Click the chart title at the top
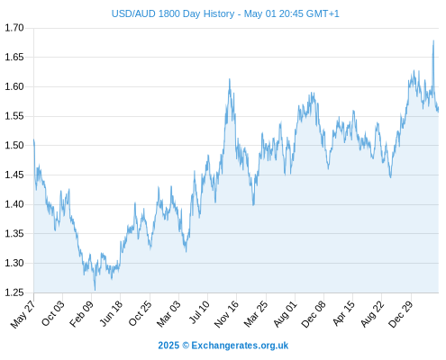[x=225, y=13]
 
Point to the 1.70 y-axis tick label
[x=14, y=28]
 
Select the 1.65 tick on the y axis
[x=14, y=57]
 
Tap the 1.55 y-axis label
[x=14, y=116]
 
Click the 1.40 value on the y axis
[x=14, y=204]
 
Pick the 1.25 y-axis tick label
[x=14, y=292]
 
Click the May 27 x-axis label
[x=23, y=314]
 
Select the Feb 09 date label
[x=81, y=314]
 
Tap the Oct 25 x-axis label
[x=140, y=314]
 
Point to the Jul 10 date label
[x=198, y=312]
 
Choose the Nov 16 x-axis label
[x=226, y=314]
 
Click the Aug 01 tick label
[x=285, y=314]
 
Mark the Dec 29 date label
[x=401, y=314]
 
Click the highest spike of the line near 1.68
[x=433, y=40]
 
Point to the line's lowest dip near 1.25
[x=95, y=290]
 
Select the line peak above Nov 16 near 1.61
[x=230, y=79]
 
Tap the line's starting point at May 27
[x=34, y=139]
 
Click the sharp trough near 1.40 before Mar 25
[x=253, y=205]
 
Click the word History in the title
[x=219, y=13]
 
